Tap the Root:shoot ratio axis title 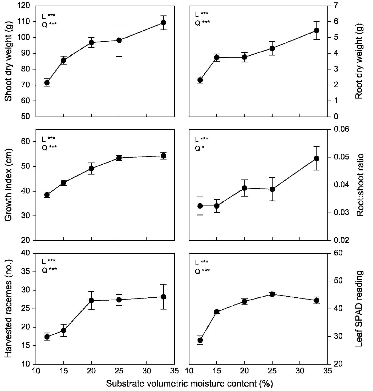(360, 185)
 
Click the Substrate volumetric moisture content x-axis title (189, 384)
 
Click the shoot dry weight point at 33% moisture (163, 23)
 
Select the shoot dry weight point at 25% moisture (119, 40)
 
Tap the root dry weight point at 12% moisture (200, 80)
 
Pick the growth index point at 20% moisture (91, 168)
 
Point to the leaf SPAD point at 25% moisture (272, 294)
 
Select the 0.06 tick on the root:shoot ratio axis (340, 129)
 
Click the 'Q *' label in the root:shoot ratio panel (198, 149)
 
